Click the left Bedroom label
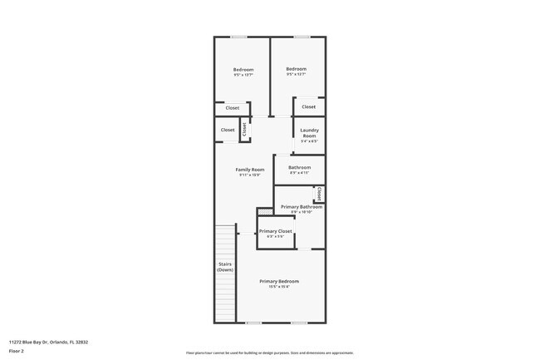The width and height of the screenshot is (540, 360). (x=243, y=70)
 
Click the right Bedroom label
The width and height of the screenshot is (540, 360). (x=296, y=69)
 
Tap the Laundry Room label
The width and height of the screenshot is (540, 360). (x=309, y=132)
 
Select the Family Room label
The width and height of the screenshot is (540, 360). (x=249, y=170)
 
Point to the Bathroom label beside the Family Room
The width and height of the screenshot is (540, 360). (x=299, y=168)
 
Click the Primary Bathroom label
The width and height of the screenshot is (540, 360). (x=301, y=207)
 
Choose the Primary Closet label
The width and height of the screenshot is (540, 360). (x=275, y=231)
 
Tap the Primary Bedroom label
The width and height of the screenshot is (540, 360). (x=278, y=281)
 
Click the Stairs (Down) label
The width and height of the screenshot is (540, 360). (x=225, y=268)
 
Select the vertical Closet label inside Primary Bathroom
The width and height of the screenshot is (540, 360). (x=319, y=194)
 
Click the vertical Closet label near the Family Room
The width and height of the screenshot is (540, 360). (x=244, y=130)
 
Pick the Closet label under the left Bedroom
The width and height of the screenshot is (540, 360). (x=233, y=107)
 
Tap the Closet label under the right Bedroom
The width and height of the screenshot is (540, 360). (x=308, y=106)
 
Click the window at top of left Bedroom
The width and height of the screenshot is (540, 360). (x=239, y=37)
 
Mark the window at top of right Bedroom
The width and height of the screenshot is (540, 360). (x=301, y=37)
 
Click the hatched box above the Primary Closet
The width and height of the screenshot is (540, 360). (x=265, y=213)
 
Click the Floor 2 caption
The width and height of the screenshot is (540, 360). (x=17, y=352)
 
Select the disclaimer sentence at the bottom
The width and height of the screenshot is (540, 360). (x=269, y=353)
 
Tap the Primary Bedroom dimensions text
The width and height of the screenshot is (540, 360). (x=278, y=287)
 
